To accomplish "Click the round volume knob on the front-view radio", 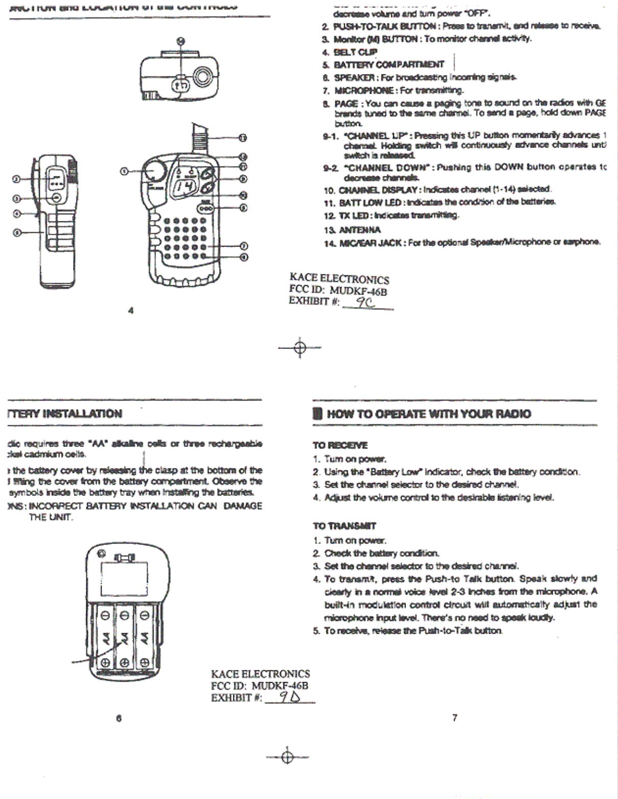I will (154, 170).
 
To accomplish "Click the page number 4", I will (131, 310).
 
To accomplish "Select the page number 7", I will (455, 718).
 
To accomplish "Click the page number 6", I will (118, 718).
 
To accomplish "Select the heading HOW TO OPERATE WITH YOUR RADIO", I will (429, 414).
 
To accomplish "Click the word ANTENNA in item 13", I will (360, 230).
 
